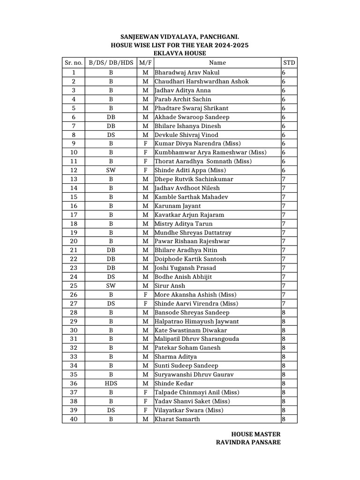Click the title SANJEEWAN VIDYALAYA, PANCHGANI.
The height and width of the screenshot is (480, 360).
(x=180, y=36)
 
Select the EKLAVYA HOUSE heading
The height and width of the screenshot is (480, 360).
(x=180, y=53)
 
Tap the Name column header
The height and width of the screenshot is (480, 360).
(x=217, y=62)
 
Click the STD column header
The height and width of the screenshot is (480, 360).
(x=289, y=62)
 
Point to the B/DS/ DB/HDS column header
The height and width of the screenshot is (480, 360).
(x=111, y=62)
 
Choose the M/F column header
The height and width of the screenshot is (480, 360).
(x=145, y=62)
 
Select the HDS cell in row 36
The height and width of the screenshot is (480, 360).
(x=111, y=383)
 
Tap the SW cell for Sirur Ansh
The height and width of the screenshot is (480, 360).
(x=111, y=285)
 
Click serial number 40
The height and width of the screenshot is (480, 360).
(x=73, y=419)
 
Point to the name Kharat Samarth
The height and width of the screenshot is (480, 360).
(x=177, y=419)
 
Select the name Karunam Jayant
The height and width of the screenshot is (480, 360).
(x=178, y=206)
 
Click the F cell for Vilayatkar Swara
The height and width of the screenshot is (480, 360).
(x=145, y=410)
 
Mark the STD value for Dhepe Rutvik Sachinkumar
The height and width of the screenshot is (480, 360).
(x=284, y=179)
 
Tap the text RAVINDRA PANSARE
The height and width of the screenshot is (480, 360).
(x=248, y=442)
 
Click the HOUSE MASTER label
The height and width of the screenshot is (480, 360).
(x=256, y=434)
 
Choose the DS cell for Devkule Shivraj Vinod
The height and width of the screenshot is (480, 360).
(x=111, y=135)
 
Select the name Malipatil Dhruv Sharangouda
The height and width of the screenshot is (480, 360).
(x=197, y=339)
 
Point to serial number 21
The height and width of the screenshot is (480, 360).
(x=73, y=250)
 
